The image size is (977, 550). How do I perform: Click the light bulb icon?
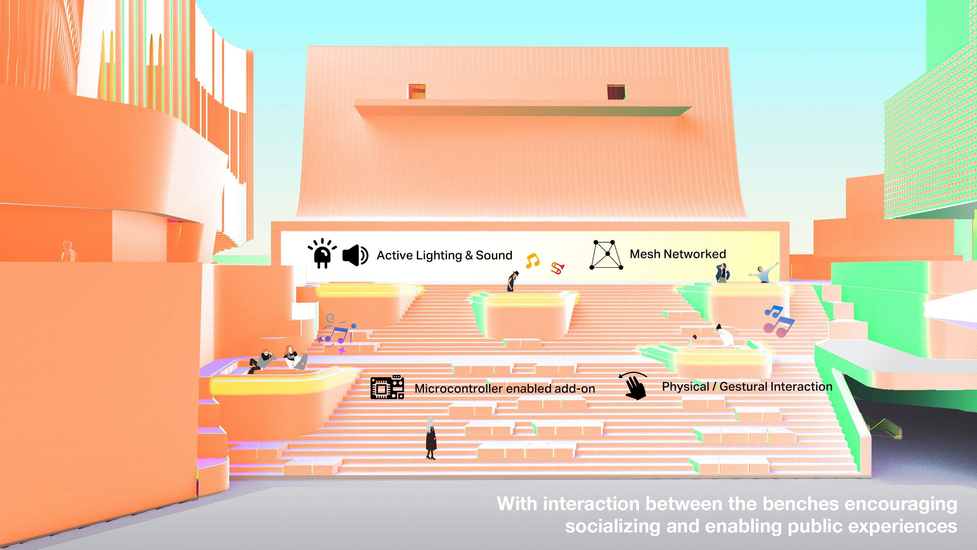(322, 253)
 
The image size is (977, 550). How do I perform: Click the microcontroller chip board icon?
(387, 387)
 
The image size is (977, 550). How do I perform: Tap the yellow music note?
(532, 260)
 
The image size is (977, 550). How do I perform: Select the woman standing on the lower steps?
(431, 438)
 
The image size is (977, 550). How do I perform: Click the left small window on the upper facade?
(416, 91)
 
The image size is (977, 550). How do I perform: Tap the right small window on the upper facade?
(616, 91)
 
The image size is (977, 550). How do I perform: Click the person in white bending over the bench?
(726, 336)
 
